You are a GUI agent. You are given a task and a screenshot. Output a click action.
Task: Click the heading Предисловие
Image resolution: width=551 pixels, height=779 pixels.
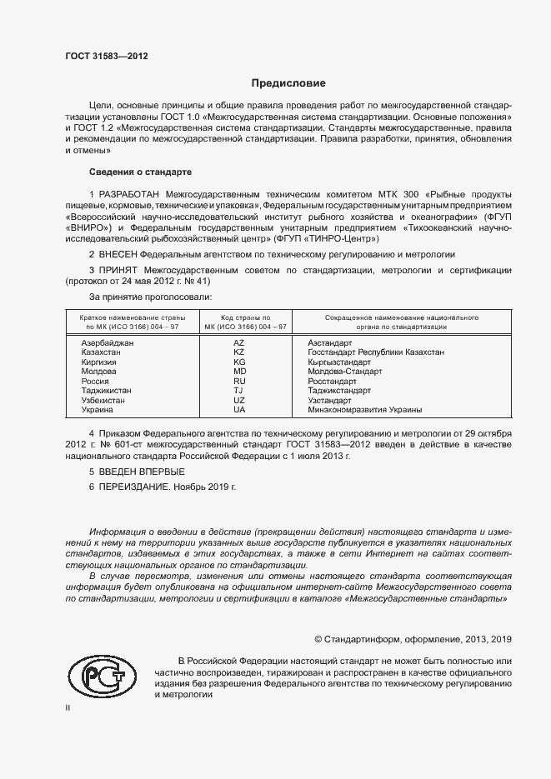coord(288,83)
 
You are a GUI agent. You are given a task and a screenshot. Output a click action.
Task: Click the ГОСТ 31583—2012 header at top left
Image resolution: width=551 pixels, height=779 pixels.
coord(107,57)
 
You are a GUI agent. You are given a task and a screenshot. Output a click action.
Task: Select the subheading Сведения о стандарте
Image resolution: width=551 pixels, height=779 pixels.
coord(140,172)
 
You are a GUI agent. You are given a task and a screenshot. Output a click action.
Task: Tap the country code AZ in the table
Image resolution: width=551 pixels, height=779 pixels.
coord(239,343)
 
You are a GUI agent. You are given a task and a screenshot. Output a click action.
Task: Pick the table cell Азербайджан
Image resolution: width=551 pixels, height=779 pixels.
coord(107,343)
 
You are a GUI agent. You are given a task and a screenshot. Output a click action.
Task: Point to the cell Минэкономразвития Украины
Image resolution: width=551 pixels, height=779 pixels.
coord(364,410)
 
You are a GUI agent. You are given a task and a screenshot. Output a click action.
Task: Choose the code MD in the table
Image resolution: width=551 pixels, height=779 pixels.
coord(239,372)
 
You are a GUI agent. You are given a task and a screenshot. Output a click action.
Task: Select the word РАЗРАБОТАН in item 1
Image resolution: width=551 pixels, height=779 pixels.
coord(130,193)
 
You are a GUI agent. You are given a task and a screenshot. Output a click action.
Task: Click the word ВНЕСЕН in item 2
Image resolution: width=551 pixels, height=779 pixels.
coord(118,254)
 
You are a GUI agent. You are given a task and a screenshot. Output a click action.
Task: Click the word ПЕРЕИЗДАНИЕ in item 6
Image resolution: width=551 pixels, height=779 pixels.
coord(133,487)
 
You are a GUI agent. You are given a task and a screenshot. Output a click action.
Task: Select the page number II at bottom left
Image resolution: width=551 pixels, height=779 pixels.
coord(68,707)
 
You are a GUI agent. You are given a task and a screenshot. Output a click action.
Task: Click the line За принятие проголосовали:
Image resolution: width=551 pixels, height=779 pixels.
coord(150,297)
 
